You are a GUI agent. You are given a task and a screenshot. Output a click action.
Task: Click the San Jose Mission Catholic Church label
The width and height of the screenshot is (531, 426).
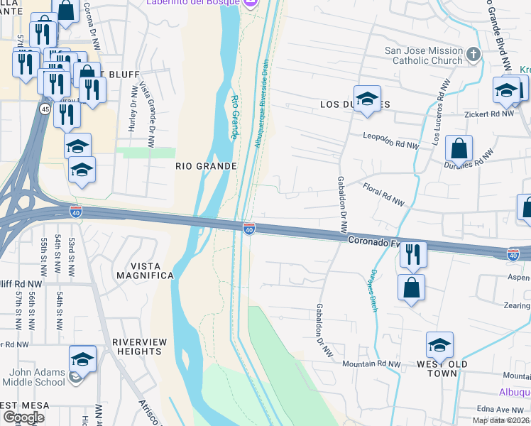tap(423, 55)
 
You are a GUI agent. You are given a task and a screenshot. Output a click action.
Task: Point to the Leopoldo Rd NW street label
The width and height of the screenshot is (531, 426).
tap(391, 138)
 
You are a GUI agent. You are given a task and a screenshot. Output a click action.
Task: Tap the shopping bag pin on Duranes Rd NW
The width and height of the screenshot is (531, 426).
tap(459, 150)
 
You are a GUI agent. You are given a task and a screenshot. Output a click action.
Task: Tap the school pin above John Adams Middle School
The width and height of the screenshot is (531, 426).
tap(83, 360)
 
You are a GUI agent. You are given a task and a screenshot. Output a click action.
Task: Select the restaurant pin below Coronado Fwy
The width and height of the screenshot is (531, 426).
tap(412, 255)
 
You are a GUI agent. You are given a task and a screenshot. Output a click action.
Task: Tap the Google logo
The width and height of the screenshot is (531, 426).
tap(23, 417)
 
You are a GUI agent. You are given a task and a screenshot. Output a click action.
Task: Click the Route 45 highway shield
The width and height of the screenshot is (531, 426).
tap(45, 109)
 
